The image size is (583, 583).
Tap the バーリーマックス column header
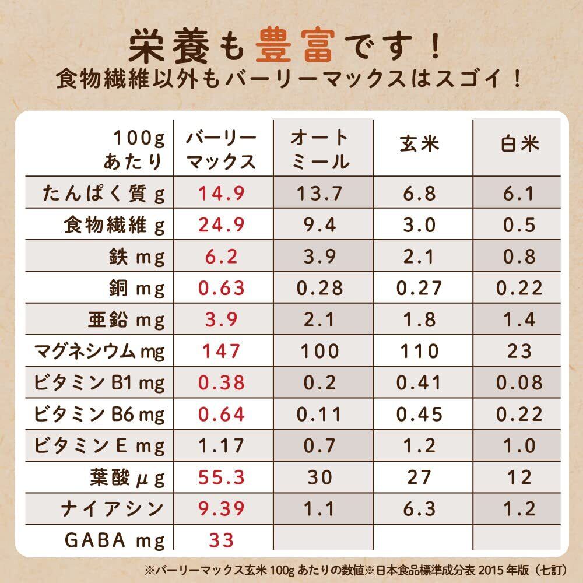click(x=221, y=150)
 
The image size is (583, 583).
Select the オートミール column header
click(x=319, y=150)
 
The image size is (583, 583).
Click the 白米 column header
click(x=521, y=143)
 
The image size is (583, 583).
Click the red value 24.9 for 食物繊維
click(x=222, y=225)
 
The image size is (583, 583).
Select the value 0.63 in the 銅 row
click(x=221, y=288)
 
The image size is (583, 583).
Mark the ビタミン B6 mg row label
click(x=100, y=415)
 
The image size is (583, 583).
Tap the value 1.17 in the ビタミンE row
click(x=221, y=446)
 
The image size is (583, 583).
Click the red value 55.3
click(x=221, y=478)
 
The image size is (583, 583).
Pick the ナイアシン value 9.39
click(x=221, y=509)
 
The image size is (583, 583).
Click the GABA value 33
click(x=221, y=540)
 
